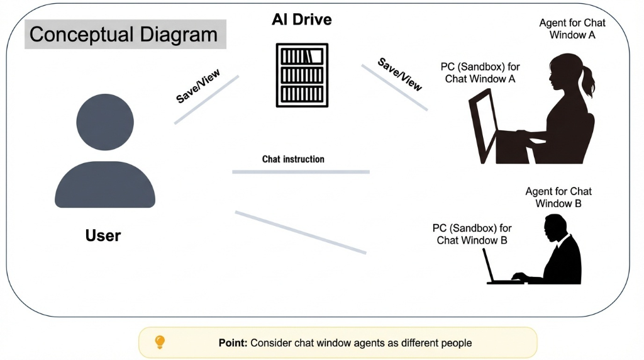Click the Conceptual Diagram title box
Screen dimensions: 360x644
125,34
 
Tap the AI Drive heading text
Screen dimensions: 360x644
301,20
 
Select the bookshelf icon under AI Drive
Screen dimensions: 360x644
302,75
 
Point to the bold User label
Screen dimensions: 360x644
103,236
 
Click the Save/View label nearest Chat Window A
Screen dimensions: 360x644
400,74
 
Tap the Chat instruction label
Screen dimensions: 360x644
293,159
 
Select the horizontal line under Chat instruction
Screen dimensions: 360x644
301,171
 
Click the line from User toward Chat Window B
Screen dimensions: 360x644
300,232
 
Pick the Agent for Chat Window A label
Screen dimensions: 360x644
572,29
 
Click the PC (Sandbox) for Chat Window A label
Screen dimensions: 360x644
480,73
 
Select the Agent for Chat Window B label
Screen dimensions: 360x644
558,198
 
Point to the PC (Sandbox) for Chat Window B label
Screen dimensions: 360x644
472,234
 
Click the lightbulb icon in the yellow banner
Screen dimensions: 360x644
160,342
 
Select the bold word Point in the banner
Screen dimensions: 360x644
233,343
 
